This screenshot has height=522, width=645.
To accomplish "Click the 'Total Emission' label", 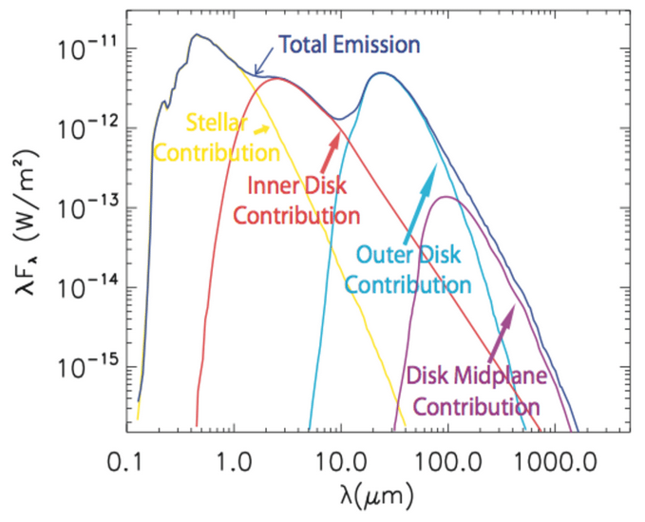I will coord(348,44).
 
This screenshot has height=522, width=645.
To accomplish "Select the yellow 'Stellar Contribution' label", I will coord(217,138).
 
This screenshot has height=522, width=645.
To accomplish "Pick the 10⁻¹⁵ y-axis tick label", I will coord(83,366).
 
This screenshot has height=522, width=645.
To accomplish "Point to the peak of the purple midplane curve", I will coord(445,198).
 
